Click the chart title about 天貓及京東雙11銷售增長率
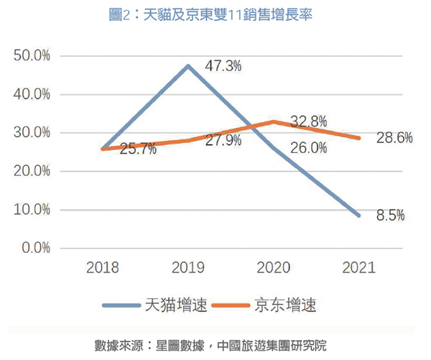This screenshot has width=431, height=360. click(215, 14)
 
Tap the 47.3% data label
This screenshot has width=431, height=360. click(223, 66)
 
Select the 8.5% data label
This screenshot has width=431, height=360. click(390, 215)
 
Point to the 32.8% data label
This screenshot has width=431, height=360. click(308, 121)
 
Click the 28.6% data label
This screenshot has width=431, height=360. click(394, 138)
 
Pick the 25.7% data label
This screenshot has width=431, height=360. click(139, 152)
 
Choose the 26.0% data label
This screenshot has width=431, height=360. click(310, 148)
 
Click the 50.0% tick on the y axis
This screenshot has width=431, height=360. click(32, 55)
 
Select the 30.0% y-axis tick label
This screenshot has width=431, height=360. click(32, 133)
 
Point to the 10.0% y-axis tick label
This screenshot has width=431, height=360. click(32, 210)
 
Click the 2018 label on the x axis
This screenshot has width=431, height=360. click(103, 269)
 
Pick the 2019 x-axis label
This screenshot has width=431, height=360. click(188, 269)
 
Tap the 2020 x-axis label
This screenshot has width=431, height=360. click(274, 269)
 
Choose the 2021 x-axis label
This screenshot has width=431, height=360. click(358, 269)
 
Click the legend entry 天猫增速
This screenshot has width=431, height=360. click(155, 305)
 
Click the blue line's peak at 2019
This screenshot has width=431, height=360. click(188, 66)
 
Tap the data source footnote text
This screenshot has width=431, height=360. click(215, 343)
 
